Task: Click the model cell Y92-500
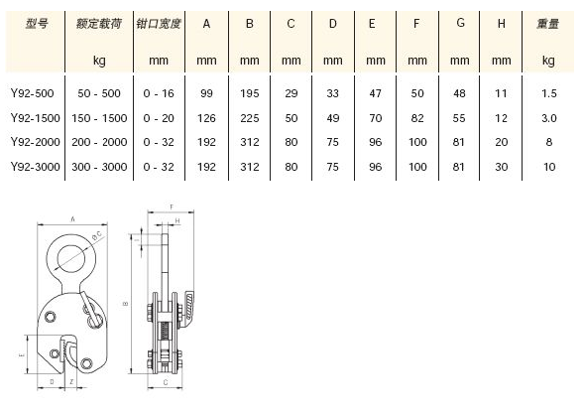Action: tap(33, 93)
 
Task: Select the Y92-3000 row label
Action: tap(36, 167)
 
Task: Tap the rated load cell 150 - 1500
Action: tap(99, 118)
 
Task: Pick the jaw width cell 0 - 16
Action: tap(159, 93)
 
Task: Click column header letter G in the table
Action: tap(460, 23)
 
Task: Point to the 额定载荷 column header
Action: tap(99, 24)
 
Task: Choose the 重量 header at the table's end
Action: tap(547, 24)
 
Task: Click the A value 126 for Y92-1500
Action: tap(206, 118)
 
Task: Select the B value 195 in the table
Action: tap(250, 93)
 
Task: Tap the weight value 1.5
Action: tap(549, 93)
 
